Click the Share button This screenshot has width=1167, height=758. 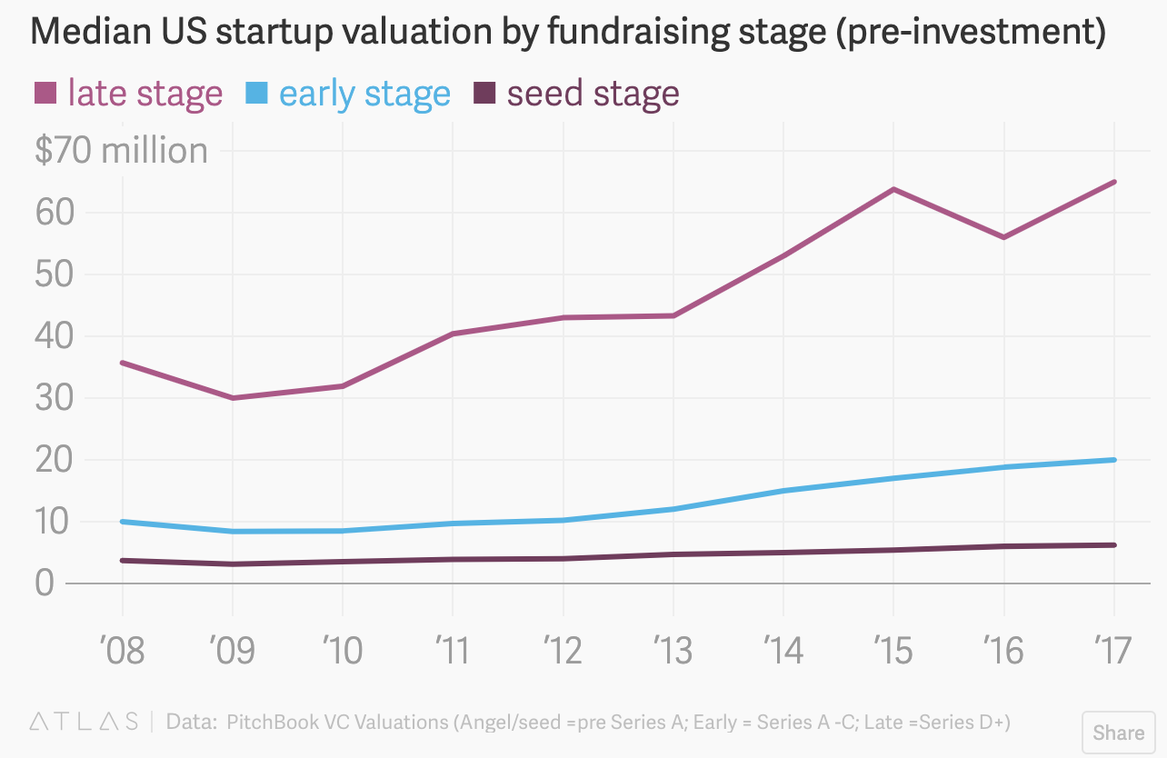[x=1118, y=732]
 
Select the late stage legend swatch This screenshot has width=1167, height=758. [x=45, y=93]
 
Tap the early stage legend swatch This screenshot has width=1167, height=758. [x=256, y=93]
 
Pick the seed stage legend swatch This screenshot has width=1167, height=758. [x=484, y=93]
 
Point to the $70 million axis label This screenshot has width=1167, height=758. [x=121, y=151]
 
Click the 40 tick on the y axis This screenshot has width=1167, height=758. [x=53, y=336]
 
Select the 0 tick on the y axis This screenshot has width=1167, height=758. [x=45, y=583]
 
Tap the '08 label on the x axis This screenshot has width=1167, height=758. [x=122, y=651]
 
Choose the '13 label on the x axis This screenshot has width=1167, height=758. [x=673, y=651]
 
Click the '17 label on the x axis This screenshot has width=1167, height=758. [x=1112, y=651]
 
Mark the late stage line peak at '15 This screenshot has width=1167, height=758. [x=893, y=189]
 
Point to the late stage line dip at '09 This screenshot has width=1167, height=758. [x=233, y=398]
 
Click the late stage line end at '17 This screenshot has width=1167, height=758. [x=1114, y=182]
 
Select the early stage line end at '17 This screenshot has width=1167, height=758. [x=1114, y=460]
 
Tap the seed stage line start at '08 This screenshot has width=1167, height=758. [x=123, y=560]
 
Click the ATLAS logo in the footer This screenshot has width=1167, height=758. [x=85, y=723]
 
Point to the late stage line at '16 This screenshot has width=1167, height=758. [x=1004, y=237]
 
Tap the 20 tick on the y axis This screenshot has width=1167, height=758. [x=53, y=460]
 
